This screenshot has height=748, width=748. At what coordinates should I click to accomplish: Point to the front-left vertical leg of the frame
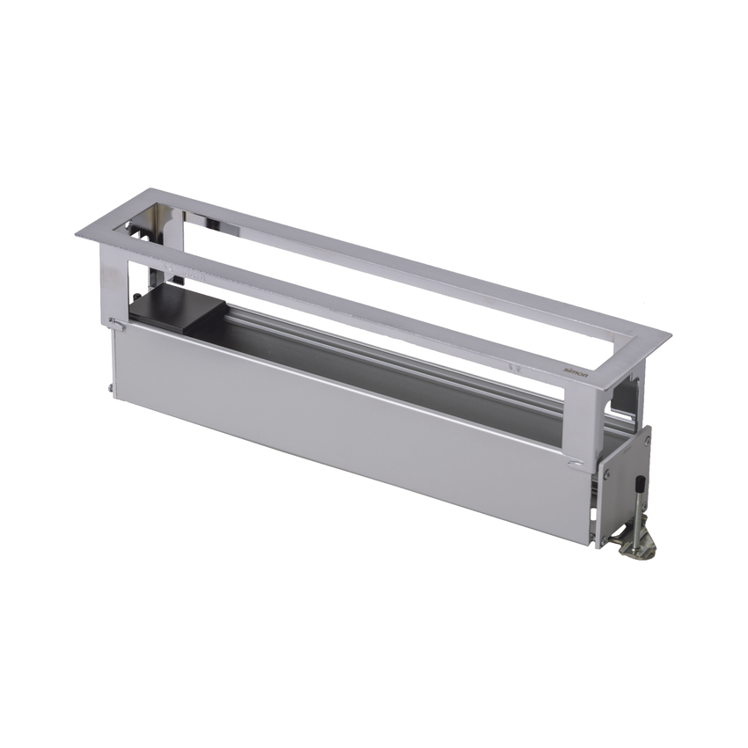tap(107, 282)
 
